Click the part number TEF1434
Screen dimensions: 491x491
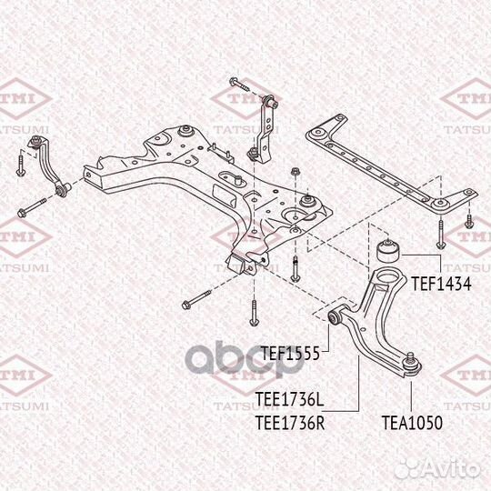click(441, 284)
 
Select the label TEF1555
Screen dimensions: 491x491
click(290, 354)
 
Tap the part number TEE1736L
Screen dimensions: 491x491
click(289, 399)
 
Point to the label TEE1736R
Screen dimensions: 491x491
click(290, 423)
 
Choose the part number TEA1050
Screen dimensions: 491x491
click(412, 423)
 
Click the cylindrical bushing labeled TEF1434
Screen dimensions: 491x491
click(388, 250)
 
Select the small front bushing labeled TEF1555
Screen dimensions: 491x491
click(335, 317)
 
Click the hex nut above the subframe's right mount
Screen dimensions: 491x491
click(295, 172)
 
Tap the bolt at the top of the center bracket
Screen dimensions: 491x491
click(239, 84)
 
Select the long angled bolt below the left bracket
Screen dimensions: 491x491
click(32, 207)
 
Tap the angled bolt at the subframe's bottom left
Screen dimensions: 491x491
click(196, 300)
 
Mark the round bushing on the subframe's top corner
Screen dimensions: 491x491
click(185, 131)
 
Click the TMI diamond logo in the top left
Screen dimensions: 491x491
click(25, 98)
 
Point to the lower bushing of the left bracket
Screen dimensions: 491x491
click(62, 190)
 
